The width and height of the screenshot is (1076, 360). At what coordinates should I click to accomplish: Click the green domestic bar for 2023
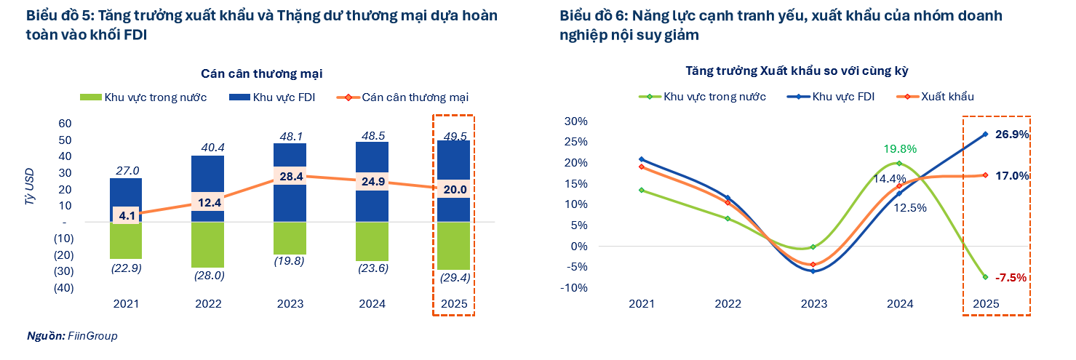tap(290, 238)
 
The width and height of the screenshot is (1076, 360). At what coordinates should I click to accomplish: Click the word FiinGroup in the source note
tap(92, 336)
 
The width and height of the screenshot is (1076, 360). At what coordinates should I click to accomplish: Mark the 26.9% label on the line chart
tap(1011, 134)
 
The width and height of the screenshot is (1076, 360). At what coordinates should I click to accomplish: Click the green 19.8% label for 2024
tap(899, 149)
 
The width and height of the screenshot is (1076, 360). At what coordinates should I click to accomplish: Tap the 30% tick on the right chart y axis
tap(577, 121)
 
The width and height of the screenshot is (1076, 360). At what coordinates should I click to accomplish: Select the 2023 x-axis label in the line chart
tap(814, 304)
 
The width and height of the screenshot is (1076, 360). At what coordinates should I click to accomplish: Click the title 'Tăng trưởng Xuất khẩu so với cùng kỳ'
tap(797, 71)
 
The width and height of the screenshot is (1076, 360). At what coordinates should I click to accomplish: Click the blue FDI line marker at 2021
tap(642, 159)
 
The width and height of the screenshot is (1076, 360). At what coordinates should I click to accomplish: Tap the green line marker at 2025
tap(986, 277)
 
